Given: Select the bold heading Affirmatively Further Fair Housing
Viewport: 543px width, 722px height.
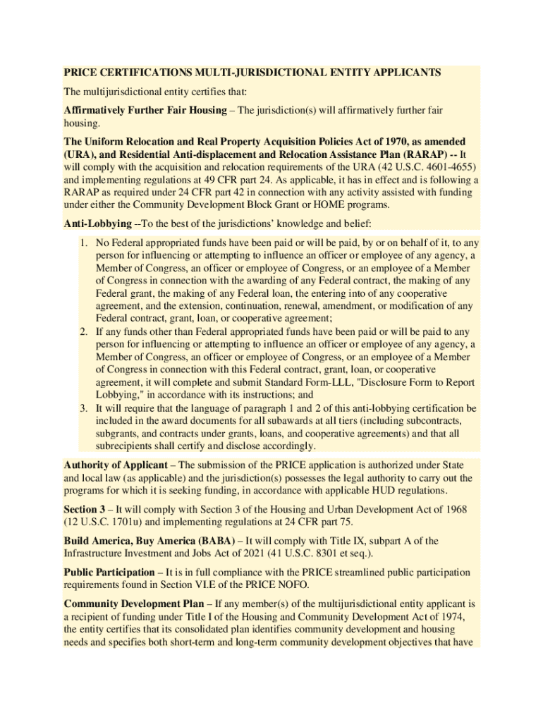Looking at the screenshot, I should click(x=148, y=111).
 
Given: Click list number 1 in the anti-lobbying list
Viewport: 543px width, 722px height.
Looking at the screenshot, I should click(x=83, y=243).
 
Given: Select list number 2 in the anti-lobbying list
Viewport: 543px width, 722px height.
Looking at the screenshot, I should click(x=83, y=331).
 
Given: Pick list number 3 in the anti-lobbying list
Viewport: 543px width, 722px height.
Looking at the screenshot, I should click(x=83, y=408).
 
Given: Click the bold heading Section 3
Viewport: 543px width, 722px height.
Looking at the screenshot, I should click(x=85, y=509).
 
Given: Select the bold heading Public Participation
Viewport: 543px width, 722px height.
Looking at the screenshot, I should click(x=109, y=573).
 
